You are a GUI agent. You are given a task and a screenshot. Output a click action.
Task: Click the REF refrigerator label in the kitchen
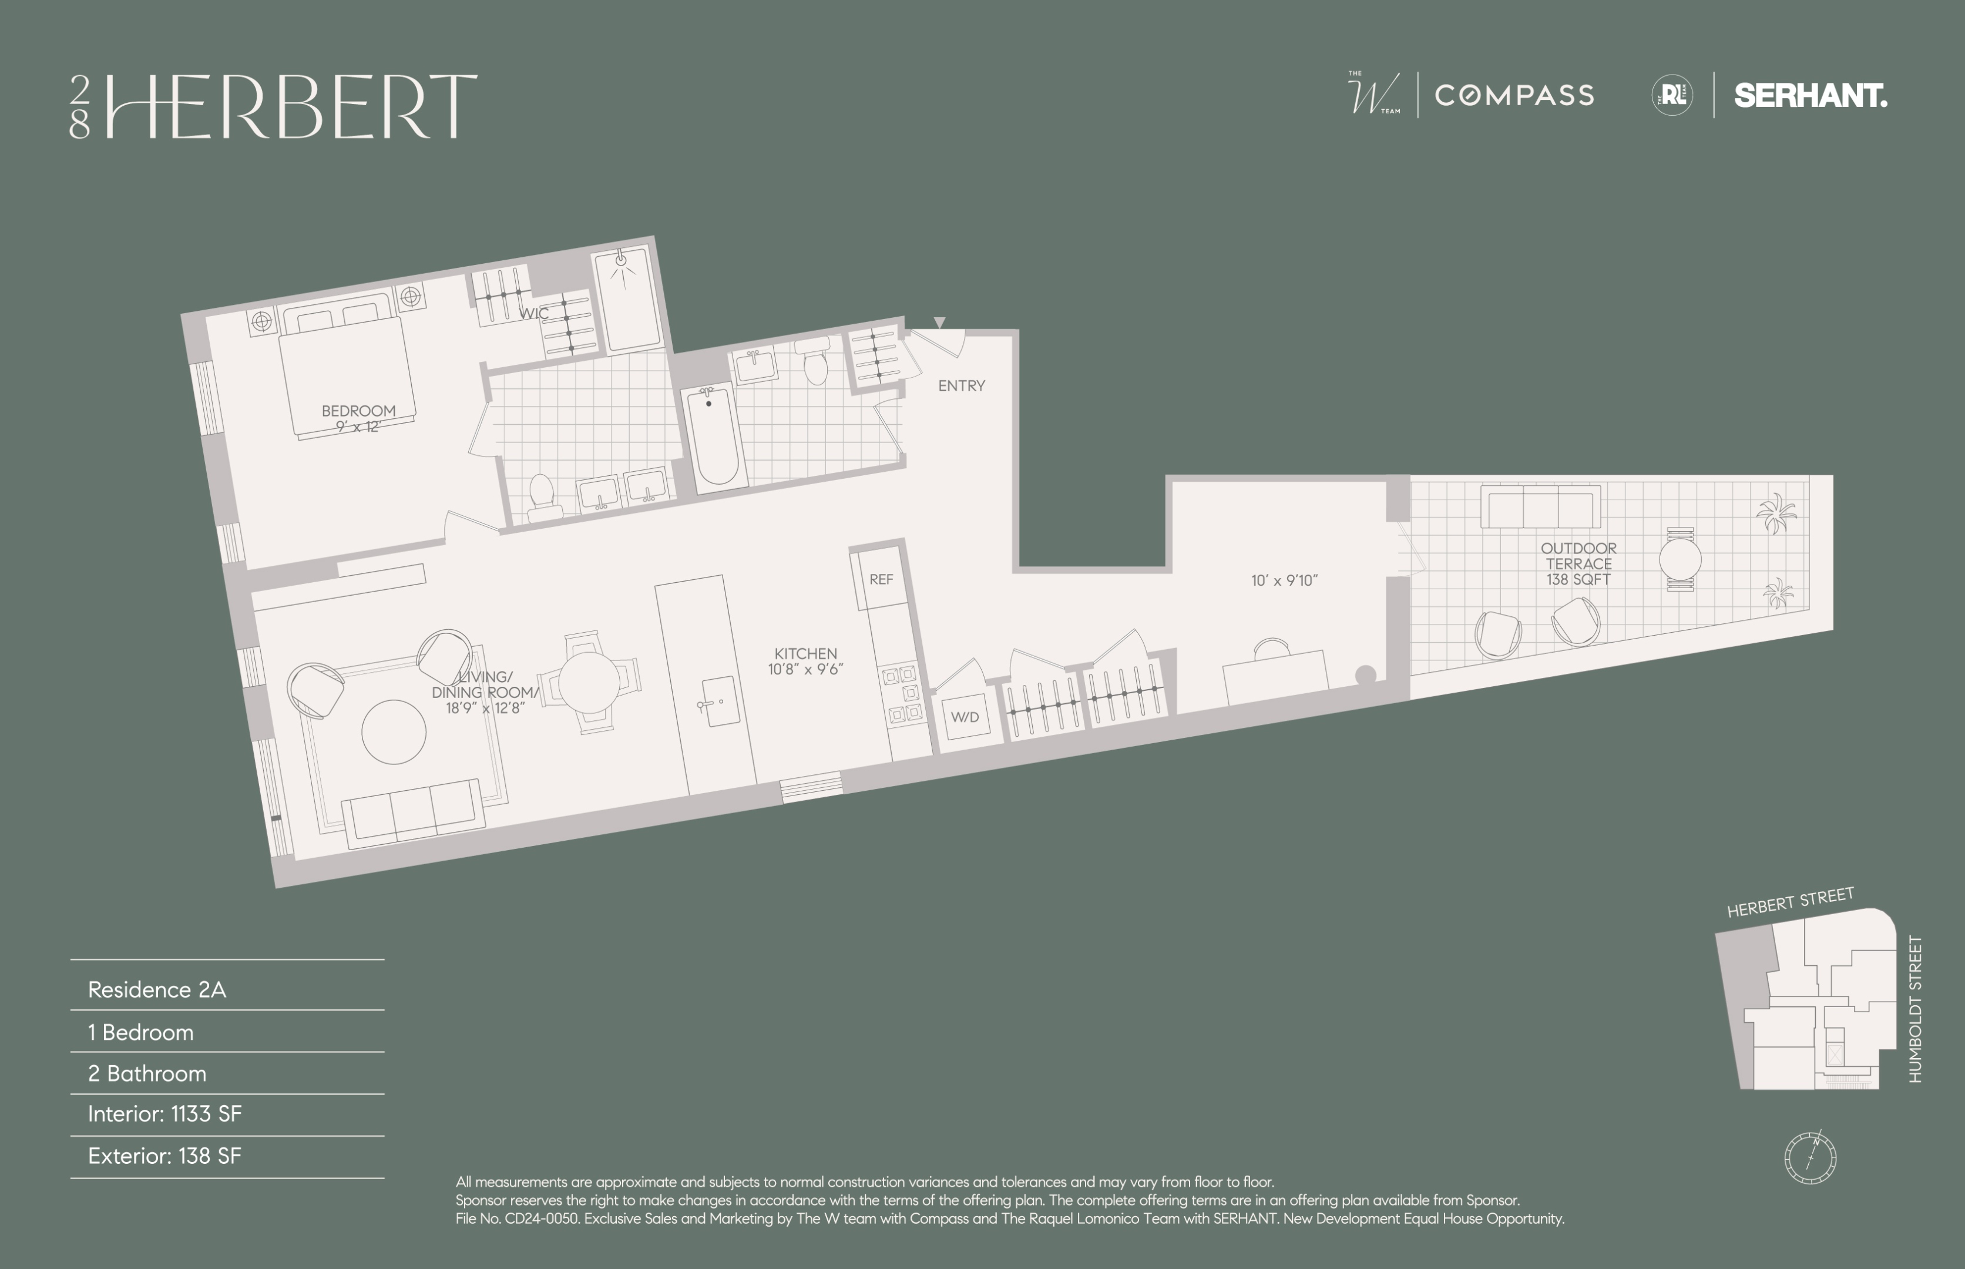(x=881, y=579)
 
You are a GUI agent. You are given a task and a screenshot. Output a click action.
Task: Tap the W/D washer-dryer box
(x=965, y=717)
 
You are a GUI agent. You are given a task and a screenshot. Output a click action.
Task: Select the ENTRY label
(x=962, y=385)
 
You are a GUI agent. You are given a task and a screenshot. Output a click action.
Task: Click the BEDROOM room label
(x=358, y=410)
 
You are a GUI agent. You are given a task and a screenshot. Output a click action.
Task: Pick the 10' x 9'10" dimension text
(x=1284, y=580)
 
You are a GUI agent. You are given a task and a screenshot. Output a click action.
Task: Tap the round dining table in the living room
(x=589, y=682)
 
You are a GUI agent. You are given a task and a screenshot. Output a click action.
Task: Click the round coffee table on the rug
(x=394, y=732)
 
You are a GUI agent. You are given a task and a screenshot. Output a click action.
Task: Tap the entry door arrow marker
(x=939, y=323)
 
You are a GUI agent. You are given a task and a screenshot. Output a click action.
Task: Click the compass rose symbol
(x=1809, y=1156)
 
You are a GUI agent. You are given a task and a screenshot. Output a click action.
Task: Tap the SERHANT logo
(x=1810, y=96)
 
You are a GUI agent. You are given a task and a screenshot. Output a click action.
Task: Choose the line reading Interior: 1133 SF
(x=165, y=1114)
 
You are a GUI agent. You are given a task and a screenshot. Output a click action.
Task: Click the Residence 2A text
(x=156, y=990)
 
